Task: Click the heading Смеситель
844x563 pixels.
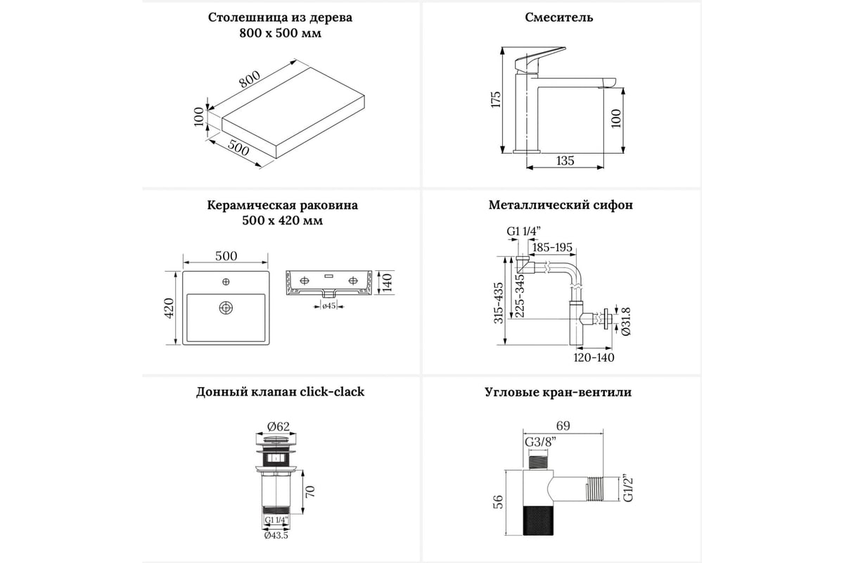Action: [559, 17]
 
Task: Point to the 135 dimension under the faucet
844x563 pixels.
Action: [565, 160]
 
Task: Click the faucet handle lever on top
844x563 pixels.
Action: [542, 56]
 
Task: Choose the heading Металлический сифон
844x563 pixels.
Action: [561, 205]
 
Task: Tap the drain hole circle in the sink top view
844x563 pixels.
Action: [226, 308]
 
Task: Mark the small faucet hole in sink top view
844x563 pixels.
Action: [226, 282]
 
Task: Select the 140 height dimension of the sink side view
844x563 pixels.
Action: [385, 284]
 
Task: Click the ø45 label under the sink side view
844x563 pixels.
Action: [328, 305]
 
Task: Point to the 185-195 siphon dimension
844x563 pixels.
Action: [553, 248]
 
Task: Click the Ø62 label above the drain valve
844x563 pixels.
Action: [279, 425]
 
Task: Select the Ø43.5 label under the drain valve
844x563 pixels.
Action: [276, 536]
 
